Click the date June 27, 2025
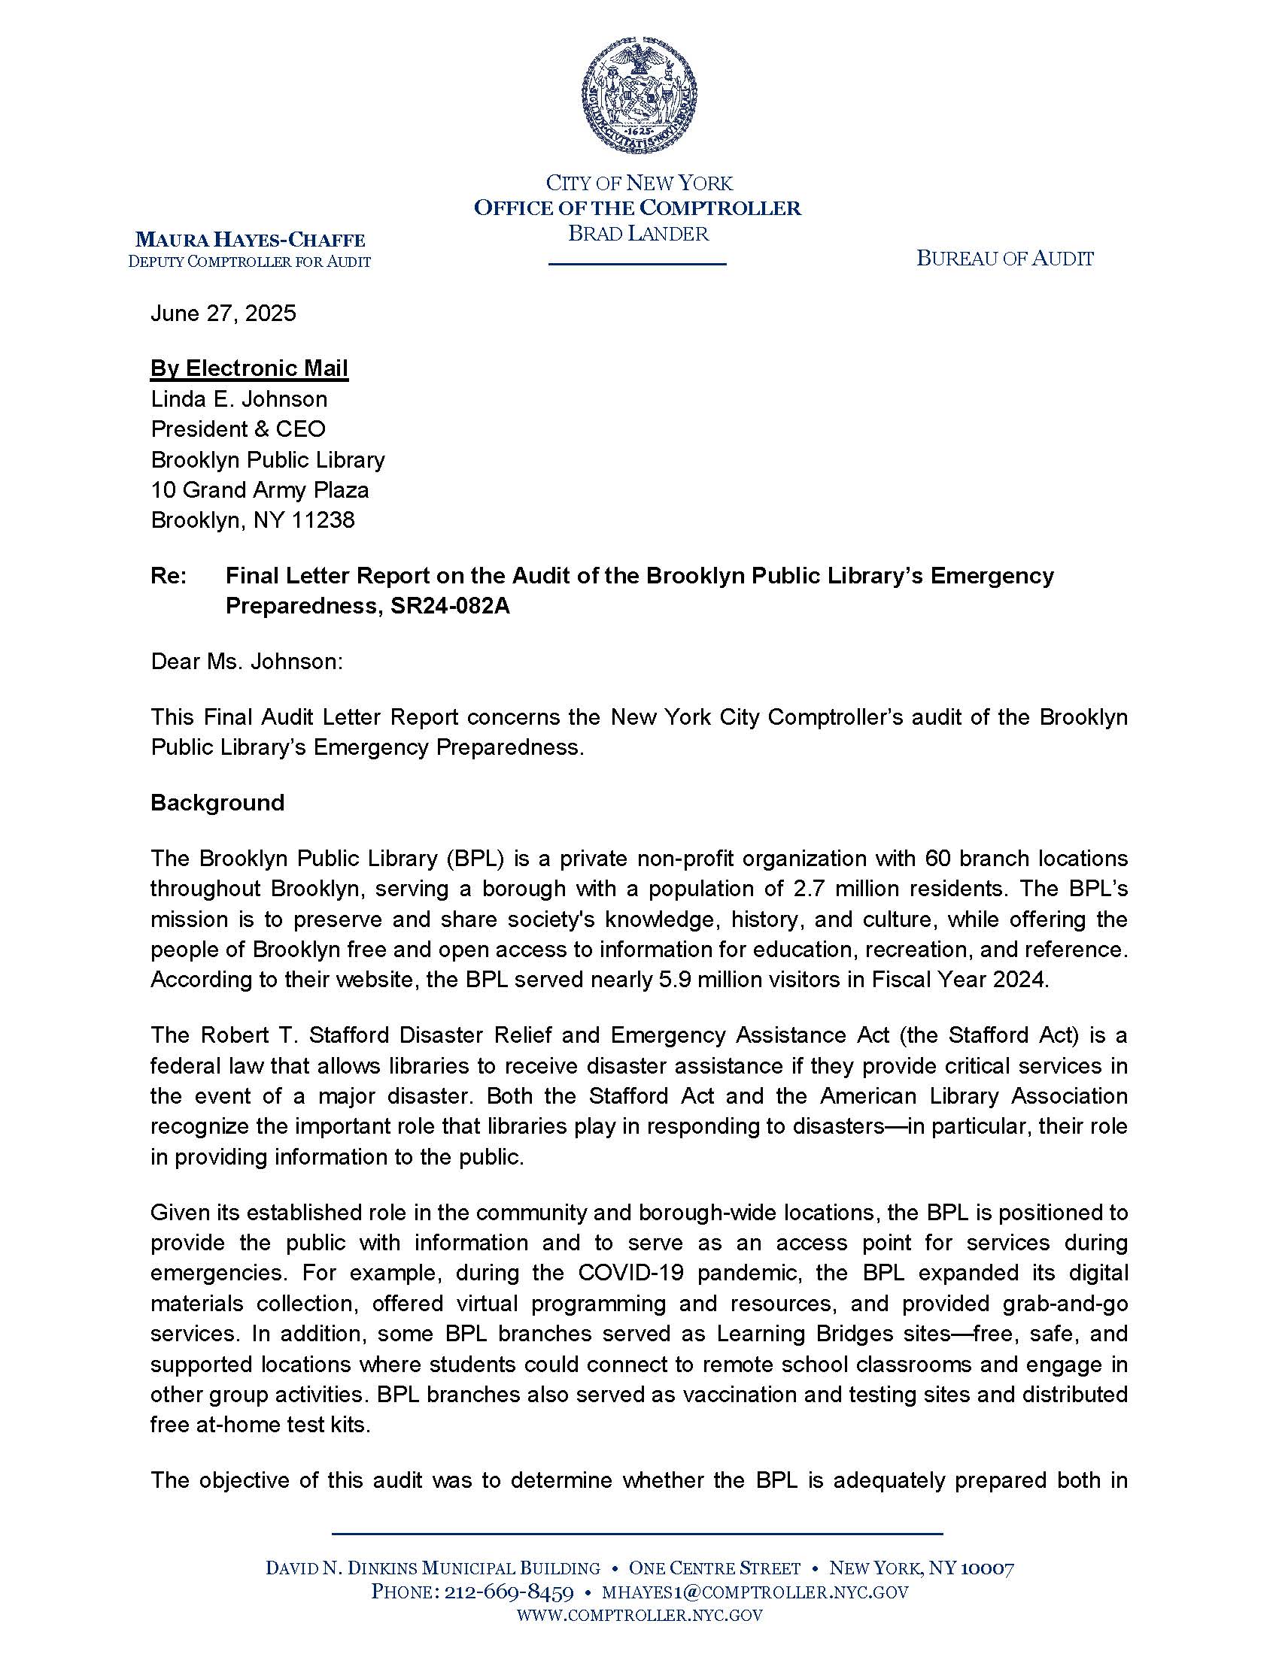click(x=223, y=314)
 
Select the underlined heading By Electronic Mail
click(x=249, y=368)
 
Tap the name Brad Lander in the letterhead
click(x=638, y=233)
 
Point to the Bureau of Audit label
click(x=1004, y=259)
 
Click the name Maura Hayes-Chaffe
click(x=250, y=241)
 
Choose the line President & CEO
click(x=238, y=429)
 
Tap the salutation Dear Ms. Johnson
click(x=247, y=662)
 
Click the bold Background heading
click(x=217, y=803)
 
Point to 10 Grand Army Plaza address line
click(x=260, y=490)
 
